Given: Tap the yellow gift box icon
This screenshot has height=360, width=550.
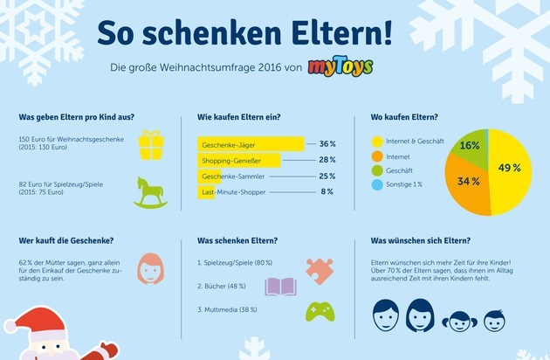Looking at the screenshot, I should (151, 145).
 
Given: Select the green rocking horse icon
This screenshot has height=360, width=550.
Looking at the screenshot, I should (151, 192).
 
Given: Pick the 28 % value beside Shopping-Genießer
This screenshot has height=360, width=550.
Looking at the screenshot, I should (327, 160).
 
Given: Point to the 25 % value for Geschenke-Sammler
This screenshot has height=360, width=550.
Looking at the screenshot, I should (327, 176).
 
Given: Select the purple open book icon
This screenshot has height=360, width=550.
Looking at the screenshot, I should (282, 287).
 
